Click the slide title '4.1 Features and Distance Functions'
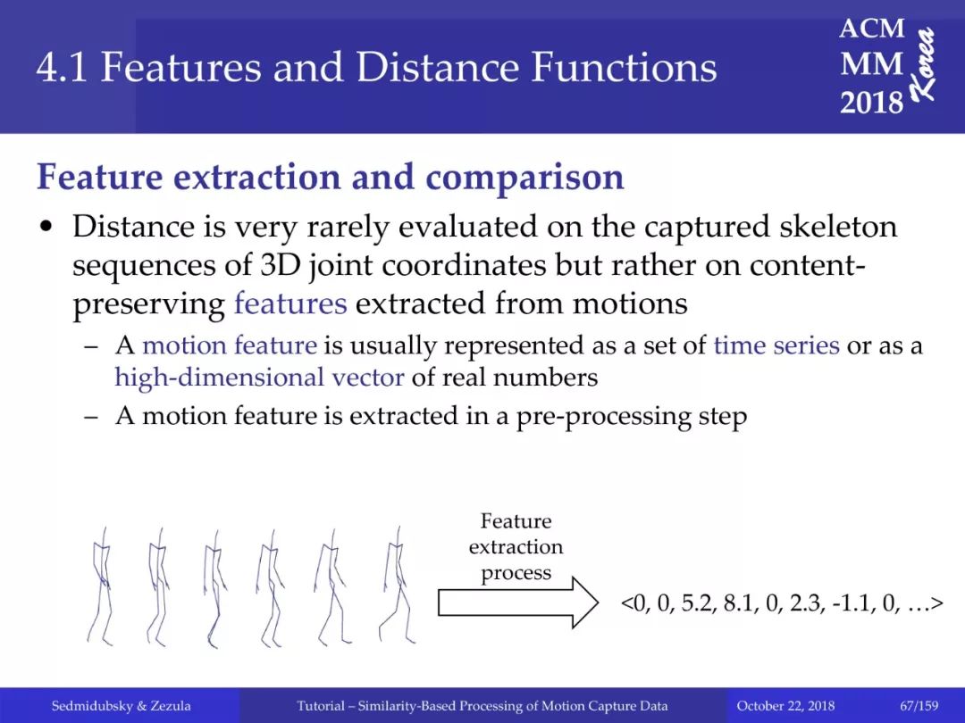(377, 67)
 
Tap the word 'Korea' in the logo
(924, 63)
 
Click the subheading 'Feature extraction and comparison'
(331, 177)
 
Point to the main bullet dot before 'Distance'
(45, 228)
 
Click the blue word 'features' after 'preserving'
(290, 303)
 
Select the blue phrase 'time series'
(776, 345)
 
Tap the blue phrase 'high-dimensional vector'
(259, 378)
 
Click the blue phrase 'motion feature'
(230, 345)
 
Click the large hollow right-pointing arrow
(518, 602)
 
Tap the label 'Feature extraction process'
(516, 546)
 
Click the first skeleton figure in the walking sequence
(101, 586)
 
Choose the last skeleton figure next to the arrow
(397, 585)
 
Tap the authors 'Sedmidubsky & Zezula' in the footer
(121, 706)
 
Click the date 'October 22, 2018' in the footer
(785, 706)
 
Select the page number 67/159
(919, 706)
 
